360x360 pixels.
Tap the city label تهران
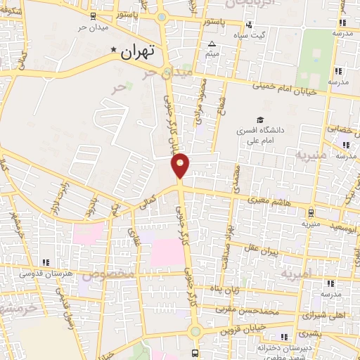coord(136,51)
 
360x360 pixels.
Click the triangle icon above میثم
coord(212,44)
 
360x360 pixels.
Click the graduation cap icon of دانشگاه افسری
coord(260,120)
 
